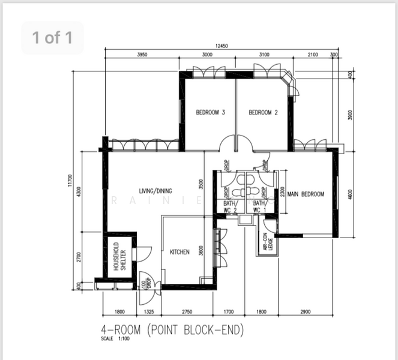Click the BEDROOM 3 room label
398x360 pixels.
210,112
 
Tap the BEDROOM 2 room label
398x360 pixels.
262,112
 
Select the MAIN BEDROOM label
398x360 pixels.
306,194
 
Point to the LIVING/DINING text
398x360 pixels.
155,191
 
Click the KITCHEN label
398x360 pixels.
179,252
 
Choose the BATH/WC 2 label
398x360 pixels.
231,208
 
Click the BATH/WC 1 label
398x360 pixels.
259,208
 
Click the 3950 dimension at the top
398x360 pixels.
142,55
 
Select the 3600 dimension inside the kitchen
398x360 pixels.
202,252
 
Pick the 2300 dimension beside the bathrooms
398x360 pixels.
282,193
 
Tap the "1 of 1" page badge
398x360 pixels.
52,38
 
